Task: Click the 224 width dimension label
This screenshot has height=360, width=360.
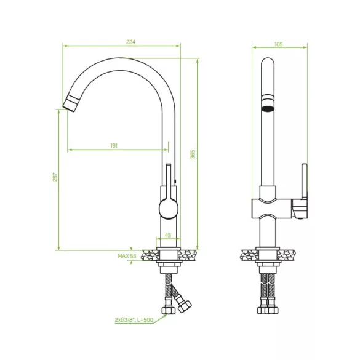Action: (x=131, y=42)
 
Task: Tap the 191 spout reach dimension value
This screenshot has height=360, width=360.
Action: (x=114, y=146)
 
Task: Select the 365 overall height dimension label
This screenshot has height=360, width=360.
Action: (x=193, y=154)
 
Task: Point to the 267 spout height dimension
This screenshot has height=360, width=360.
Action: (x=55, y=177)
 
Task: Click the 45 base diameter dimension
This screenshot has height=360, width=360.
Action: (x=168, y=235)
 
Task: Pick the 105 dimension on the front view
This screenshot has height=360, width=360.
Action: (x=279, y=44)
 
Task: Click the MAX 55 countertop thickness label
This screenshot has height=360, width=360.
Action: (x=127, y=256)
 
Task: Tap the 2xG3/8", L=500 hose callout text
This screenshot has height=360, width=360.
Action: (x=134, y=319)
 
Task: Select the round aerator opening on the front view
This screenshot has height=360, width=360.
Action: (x=267, y=108)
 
